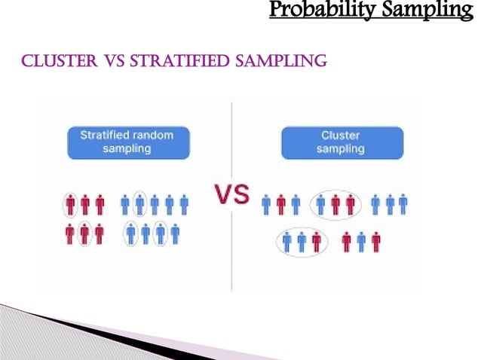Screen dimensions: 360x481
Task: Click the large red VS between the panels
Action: click(x=233, y=196)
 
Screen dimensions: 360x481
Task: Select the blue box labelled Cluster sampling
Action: click(x=342, y=142)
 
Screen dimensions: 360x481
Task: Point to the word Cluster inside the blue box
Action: click(x=341, y=136)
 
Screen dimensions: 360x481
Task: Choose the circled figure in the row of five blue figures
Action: click(x=139, y=204)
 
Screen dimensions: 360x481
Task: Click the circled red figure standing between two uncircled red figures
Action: click(x=84, y=234)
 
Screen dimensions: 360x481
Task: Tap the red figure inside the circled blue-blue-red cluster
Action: click(x=316, y=241)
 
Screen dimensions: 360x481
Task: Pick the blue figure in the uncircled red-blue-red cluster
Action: click(x=361, y=241)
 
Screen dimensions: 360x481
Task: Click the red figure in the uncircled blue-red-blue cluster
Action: click(x=280, y=204)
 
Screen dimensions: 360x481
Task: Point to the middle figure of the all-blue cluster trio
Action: click(x=389, y=204)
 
